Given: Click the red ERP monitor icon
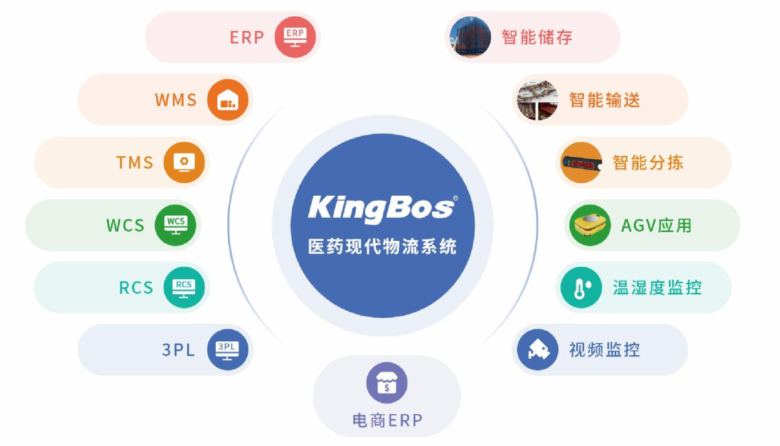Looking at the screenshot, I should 295,37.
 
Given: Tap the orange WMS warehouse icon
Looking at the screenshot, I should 228,100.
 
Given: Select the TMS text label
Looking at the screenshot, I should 135,162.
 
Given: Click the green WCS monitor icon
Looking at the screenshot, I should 175,225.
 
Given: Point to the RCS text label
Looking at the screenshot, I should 136,288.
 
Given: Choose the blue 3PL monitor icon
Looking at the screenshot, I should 227,350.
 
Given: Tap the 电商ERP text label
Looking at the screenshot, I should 387,420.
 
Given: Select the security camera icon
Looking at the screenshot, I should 538,349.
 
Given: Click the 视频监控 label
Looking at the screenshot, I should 604,349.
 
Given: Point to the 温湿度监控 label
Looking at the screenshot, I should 657,288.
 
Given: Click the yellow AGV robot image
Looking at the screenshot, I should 590,225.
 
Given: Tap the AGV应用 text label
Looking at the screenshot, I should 656,225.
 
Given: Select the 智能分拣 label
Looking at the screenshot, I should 648,163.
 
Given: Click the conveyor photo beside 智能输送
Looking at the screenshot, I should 537,100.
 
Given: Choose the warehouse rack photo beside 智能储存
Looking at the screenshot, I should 470,37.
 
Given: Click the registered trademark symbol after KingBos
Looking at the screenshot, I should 455,199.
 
